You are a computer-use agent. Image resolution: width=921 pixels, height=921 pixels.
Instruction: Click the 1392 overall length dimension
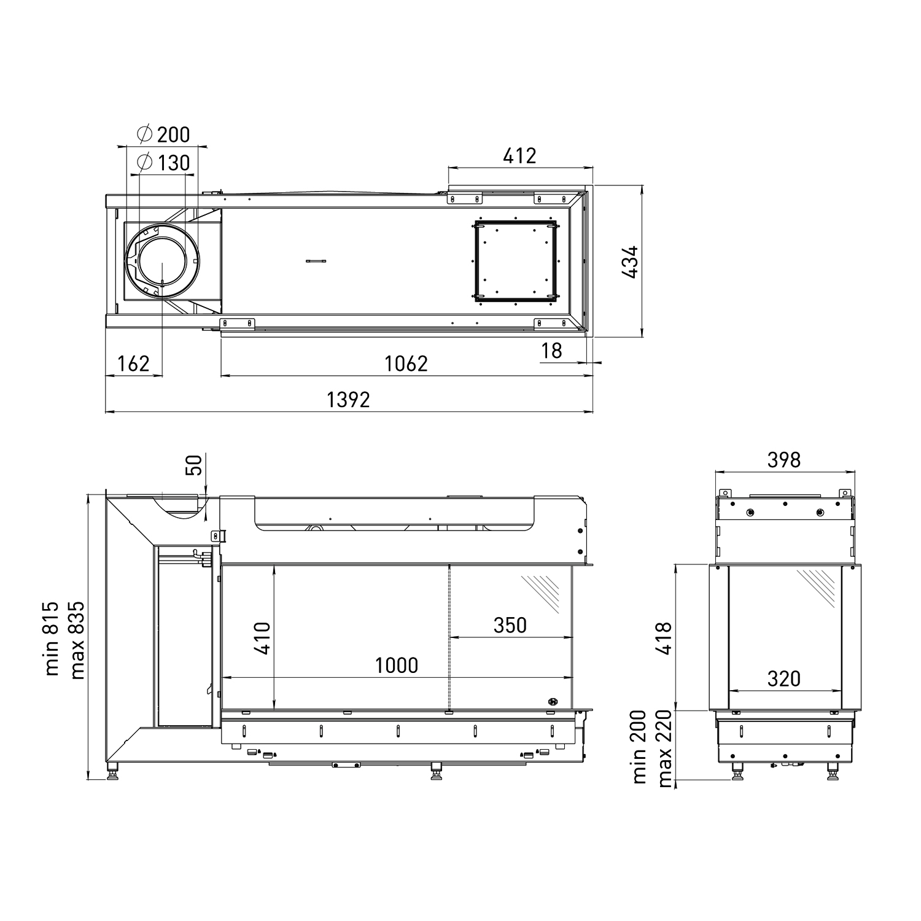[348, 400]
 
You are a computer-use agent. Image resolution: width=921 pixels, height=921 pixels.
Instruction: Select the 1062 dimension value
[406, 364]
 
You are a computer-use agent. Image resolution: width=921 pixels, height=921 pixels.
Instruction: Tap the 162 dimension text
[133, 364]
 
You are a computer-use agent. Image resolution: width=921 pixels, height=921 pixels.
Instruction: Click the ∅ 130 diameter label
[164, 163]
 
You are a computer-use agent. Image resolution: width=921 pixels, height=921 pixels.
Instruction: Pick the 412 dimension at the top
[519, 156]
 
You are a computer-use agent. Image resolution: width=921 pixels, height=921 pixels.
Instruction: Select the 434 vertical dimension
[630, 262]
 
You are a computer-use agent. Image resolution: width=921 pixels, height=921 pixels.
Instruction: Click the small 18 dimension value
[552, 351]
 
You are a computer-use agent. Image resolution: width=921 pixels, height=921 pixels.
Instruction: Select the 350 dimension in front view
[510, 625]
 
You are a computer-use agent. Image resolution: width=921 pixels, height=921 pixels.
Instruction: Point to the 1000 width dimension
[397, 666]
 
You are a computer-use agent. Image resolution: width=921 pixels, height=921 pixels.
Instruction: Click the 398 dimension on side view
[784, 460]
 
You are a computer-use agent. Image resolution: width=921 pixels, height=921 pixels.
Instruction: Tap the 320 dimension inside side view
[784, 678]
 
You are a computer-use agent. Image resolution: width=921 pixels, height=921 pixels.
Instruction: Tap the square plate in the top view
[516, 262]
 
